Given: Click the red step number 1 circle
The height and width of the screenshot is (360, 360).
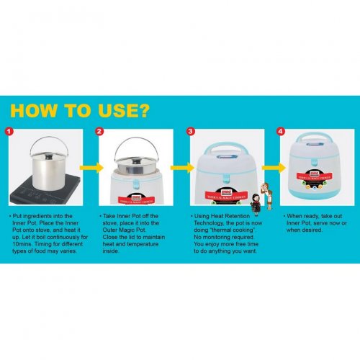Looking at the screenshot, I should click(9, 132).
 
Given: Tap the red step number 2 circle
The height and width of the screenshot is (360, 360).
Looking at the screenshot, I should click(100, 132).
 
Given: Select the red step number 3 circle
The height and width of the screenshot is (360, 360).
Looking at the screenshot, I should click(189, 132).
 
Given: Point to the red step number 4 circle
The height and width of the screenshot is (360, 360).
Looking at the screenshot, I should click(281, 132).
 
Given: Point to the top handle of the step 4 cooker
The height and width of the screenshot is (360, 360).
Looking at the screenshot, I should click(315, 140).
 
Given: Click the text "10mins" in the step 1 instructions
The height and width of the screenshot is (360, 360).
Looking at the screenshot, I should click(23, 240).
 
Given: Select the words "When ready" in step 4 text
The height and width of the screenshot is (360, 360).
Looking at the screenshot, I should click(302, 215).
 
